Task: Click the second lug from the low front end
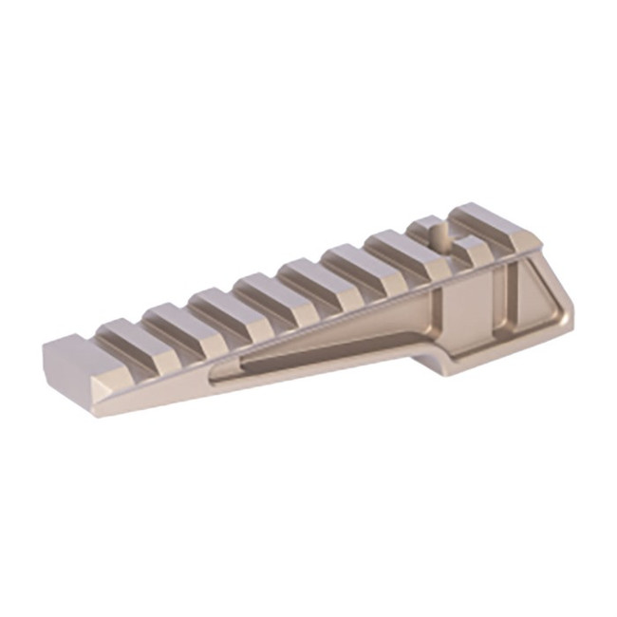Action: pos(128,334)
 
